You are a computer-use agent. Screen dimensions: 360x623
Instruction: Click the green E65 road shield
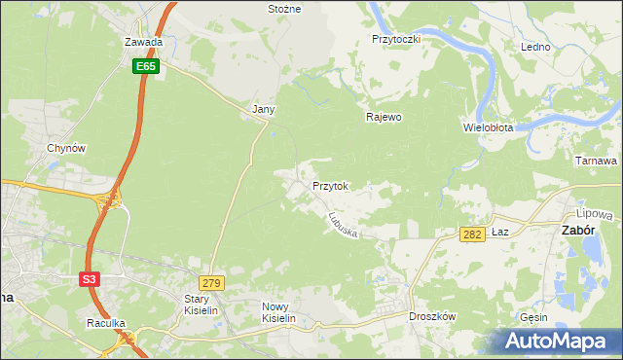point(146,66)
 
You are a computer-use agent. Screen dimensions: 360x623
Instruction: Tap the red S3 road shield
point(90,278)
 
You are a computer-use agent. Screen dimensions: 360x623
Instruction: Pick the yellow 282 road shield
point(472,234)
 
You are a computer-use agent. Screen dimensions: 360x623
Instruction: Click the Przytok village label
point(330,185)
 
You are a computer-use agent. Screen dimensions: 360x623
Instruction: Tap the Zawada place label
point(143,43)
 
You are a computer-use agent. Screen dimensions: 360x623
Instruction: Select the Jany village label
point(265,110)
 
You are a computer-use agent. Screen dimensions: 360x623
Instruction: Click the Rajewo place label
point(384,117)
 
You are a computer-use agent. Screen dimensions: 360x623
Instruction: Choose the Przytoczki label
point(395,39)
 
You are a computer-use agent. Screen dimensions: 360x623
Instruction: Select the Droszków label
point(433,316)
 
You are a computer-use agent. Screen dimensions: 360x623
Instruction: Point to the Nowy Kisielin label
point(277,311)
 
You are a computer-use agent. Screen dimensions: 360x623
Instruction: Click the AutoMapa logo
point(559,342)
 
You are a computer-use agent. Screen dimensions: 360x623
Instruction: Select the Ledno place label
point(535,47)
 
